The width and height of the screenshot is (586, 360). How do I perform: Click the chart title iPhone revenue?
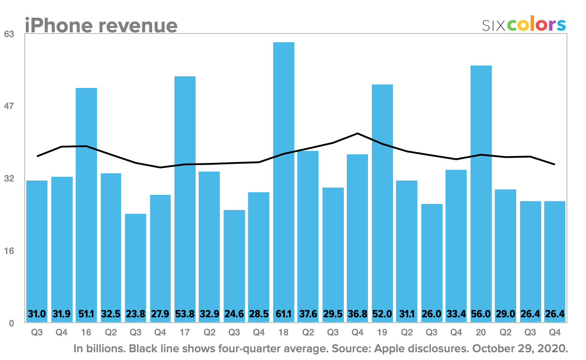pos(101,25)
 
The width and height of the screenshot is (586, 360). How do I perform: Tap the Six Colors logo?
pos(524,25)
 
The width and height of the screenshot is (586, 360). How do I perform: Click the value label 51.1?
pos(86,314)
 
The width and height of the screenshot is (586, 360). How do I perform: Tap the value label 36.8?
pos(358,314)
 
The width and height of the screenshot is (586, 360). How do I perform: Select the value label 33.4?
pos(456,314)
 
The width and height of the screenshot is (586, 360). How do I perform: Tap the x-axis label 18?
pos(284,333)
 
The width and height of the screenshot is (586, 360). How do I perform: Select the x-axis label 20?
pos(481,333)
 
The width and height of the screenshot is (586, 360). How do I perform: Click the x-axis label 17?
pos(185,333)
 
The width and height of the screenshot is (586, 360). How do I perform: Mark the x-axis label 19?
pos(382,333)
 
